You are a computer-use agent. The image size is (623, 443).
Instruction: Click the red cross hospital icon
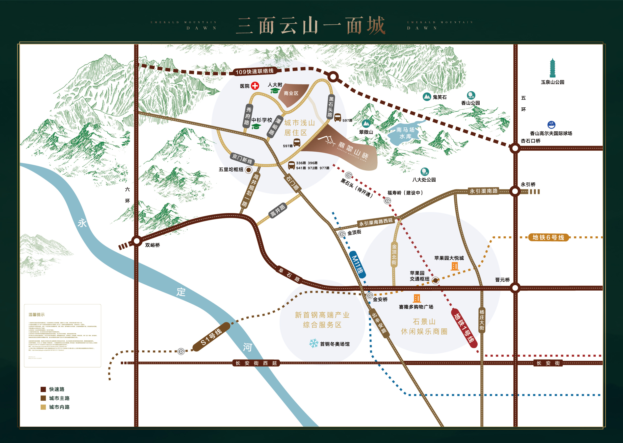(255, 86)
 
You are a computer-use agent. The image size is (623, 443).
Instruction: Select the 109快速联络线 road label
(254, 72)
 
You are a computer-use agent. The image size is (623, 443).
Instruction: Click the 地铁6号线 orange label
(548, 237)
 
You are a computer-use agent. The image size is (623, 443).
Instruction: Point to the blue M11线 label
(358, 264)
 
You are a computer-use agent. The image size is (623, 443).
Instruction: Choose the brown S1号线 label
(211, 337)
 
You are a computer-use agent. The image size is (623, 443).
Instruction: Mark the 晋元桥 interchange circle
(515, 288)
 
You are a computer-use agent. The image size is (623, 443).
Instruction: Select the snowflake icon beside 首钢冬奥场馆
(313, 343)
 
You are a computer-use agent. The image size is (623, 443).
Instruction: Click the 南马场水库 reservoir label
(405, 133)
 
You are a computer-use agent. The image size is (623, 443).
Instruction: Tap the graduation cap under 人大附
(275, 91)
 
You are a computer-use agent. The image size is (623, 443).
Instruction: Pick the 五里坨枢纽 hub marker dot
(248, 170)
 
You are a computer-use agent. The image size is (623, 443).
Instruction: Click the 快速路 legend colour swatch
(43, 389)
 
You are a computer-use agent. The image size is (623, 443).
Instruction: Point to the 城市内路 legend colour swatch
(43, 407)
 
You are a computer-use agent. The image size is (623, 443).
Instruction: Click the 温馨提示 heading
(37, 315)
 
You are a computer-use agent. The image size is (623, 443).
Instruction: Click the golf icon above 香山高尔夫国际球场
(551, 125)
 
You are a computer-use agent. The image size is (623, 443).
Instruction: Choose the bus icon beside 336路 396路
(291, 165)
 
